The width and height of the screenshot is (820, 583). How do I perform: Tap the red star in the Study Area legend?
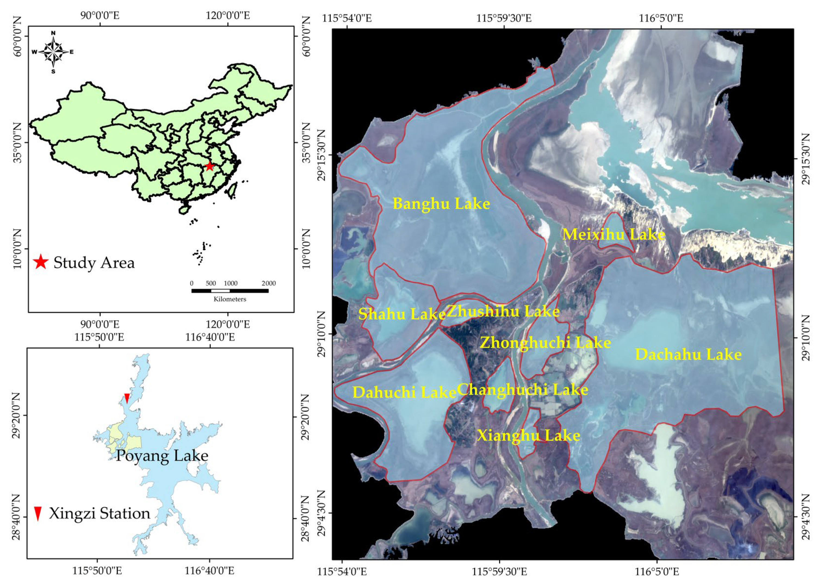[x=41, y=262]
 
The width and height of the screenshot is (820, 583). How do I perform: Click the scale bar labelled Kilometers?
[x=230, y=291]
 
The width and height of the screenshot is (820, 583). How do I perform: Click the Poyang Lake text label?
[x=162, y=456]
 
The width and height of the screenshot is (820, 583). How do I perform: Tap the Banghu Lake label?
[x=441, y=204]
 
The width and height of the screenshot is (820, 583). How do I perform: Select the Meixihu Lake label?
[x=613, y=235]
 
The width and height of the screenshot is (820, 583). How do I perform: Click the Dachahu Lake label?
[x=688, y=355]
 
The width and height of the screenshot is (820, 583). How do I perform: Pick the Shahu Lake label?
[x=402, y=314]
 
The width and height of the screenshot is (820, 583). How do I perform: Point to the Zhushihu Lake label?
[x=503, y=311]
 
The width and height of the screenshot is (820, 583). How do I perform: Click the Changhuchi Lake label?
[x=522, y=389]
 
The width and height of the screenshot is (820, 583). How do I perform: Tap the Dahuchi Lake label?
[x=404, y=392]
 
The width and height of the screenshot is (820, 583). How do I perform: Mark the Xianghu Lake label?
[x=528, y=435]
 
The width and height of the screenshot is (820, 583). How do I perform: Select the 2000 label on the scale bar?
[x=268, y=283]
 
